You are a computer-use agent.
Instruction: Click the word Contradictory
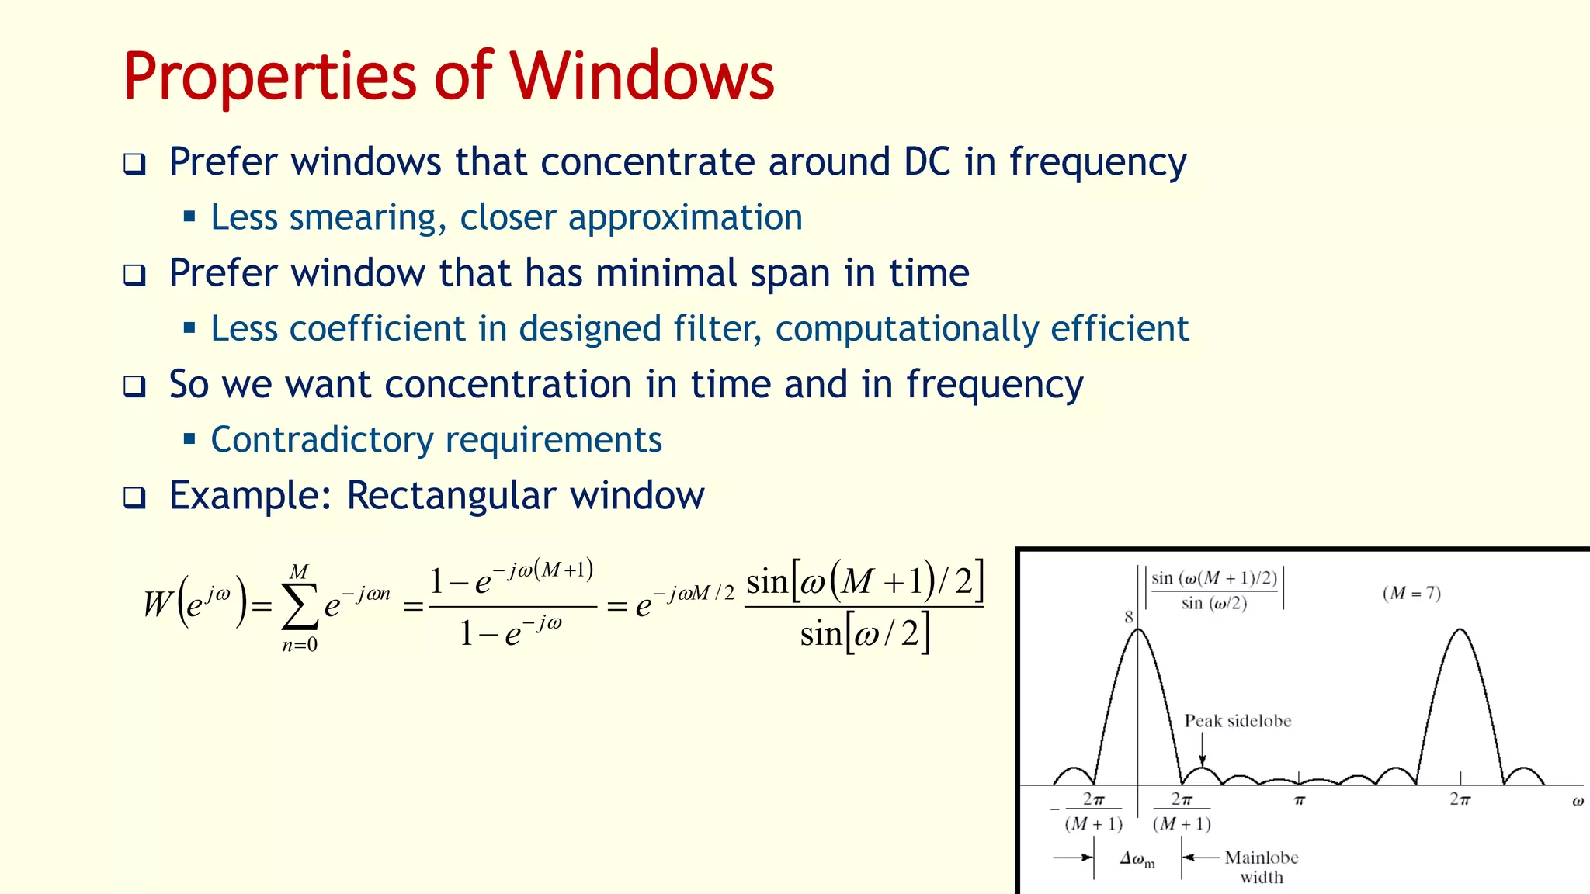coord(321,440)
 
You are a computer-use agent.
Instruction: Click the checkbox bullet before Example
coord(134,497)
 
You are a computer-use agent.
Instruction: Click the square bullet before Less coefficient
coord(189,327)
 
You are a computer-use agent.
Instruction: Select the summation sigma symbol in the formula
coord(300,607)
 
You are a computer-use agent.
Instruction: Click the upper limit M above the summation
coord(299,572)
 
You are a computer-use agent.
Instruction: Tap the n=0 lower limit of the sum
coord(300,645)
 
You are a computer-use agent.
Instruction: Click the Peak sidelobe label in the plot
coord(1238,721)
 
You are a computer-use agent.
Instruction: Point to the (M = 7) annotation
coord(1411,594)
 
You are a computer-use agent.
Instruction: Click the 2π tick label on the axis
coord(1460,799)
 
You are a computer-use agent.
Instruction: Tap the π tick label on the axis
coord(1300,800)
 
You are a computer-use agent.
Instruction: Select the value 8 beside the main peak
coord(1129,617)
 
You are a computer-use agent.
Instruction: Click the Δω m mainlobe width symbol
coord(1137,858)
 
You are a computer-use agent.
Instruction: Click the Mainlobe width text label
coord(1261,867)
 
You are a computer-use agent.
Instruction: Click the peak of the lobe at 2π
coord(1460,629)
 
